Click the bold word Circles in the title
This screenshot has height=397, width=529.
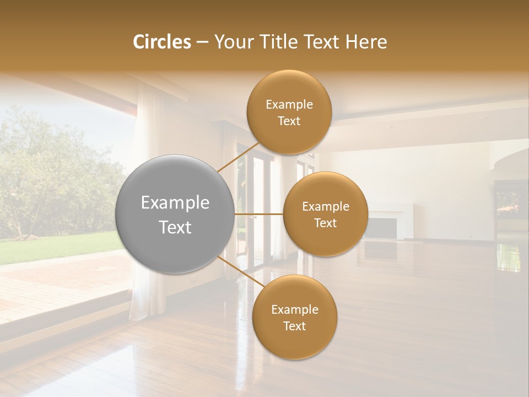click(161, 42)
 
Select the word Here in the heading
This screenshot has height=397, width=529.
click(366, 42)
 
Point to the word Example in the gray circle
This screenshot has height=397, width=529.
click(175, 203)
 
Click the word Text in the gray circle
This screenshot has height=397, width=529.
click(175, 227)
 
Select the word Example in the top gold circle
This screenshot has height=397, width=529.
click(289, 105)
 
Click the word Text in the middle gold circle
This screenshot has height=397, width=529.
click(325, 223)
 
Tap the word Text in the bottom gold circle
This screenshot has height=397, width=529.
click(294, 326)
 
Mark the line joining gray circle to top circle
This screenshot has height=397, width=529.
click(238, 157)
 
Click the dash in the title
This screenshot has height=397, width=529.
click(202, 42)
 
